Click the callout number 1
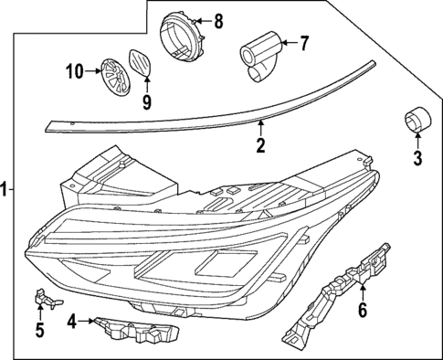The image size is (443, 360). pos(6,189)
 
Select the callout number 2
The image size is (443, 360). pos(260,144)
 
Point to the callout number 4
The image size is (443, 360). pos(71,321)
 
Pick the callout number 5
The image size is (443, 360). pos(39,330)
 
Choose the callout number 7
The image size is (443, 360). pos(305,41)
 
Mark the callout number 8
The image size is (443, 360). pos(217,20)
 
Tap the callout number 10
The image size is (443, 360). pos(74,69)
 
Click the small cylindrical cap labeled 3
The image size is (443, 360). pos(417,121)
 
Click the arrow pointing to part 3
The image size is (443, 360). pos(417,143)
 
